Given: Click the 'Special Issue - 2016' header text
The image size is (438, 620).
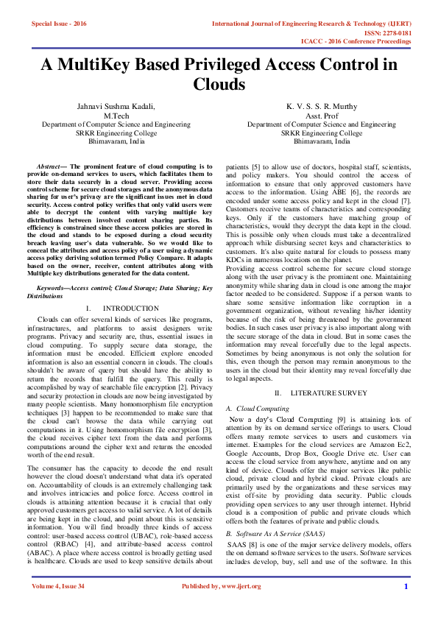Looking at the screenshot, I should point(59,24).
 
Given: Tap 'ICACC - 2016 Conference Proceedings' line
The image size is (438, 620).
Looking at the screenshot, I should point(356,41).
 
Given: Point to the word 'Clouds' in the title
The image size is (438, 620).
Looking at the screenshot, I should point(219,85).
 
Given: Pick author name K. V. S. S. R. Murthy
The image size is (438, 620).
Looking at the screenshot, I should point(321,107).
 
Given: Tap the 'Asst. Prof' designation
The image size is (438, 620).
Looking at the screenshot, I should point(321,116).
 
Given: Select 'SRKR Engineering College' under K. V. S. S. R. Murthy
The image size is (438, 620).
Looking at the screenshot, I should point(321,133).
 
